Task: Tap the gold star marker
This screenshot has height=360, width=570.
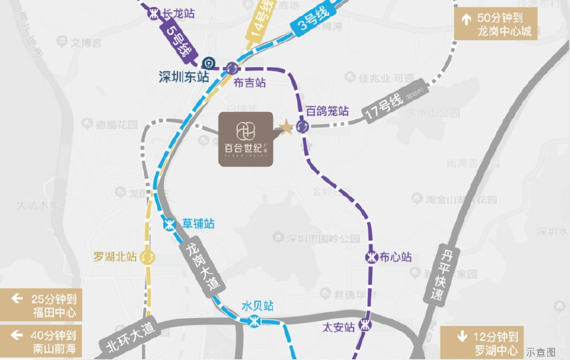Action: coord(286,128)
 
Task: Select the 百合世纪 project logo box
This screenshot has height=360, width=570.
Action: coord(246,138)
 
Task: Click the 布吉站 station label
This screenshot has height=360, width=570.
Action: coord(249,83)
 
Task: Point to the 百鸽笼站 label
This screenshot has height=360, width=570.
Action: coord(327,111)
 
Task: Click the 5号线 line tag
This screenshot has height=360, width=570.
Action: coord(177,41)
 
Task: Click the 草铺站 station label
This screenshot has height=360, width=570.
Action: coord(198,223)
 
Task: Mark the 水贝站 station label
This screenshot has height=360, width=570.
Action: coord(257,306)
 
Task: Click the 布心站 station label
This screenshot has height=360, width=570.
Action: coord(396,257)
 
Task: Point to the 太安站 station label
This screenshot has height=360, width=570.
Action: coord(338,327)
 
